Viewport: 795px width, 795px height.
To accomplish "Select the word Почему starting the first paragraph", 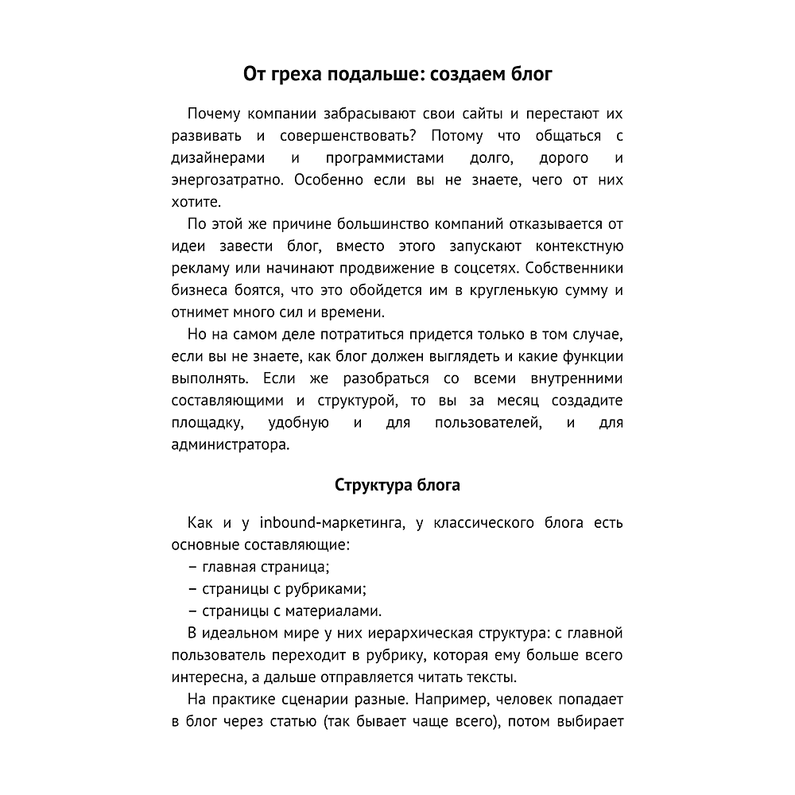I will pyautogui.click(x=215, y=114).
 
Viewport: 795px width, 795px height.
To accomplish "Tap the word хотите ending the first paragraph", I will pyautogui.click(x=192, y=202).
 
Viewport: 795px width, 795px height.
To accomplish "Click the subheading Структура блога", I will pyautogui.click(x=397, y=485).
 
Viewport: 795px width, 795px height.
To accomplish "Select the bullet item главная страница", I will pyautogui.click(x=266, y=568).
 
